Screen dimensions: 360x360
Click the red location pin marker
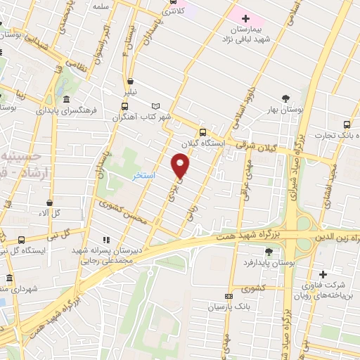tap(181, 165)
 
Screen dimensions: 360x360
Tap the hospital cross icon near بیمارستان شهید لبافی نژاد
tap(245, 18)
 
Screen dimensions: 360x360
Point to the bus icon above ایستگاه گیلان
tap(202, 132)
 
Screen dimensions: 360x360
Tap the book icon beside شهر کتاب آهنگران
tap(155, 105)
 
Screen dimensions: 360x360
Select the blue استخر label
tap(144, 174)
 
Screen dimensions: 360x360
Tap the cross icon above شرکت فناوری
tap(323, 274)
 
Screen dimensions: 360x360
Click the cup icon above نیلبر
tap(131, 81)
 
